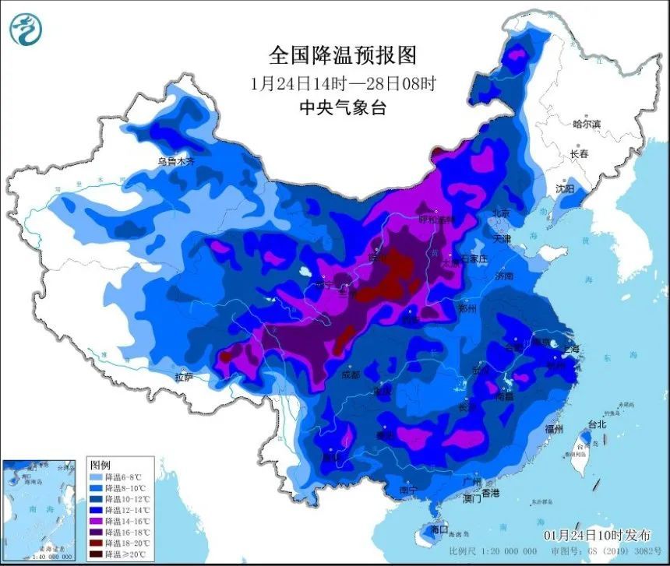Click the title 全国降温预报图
point(342,54)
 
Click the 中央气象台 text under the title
point(342,108)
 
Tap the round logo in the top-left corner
point(26,30)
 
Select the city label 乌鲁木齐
point(175,162)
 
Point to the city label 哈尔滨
point(586,124)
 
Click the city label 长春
point(579,154)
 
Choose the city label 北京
point(499,213)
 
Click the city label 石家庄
point(473,258)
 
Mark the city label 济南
point(503,276)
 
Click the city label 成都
point(351,374)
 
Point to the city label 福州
point(555,428)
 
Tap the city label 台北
point(596,425)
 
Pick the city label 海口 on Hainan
point(439,529)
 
